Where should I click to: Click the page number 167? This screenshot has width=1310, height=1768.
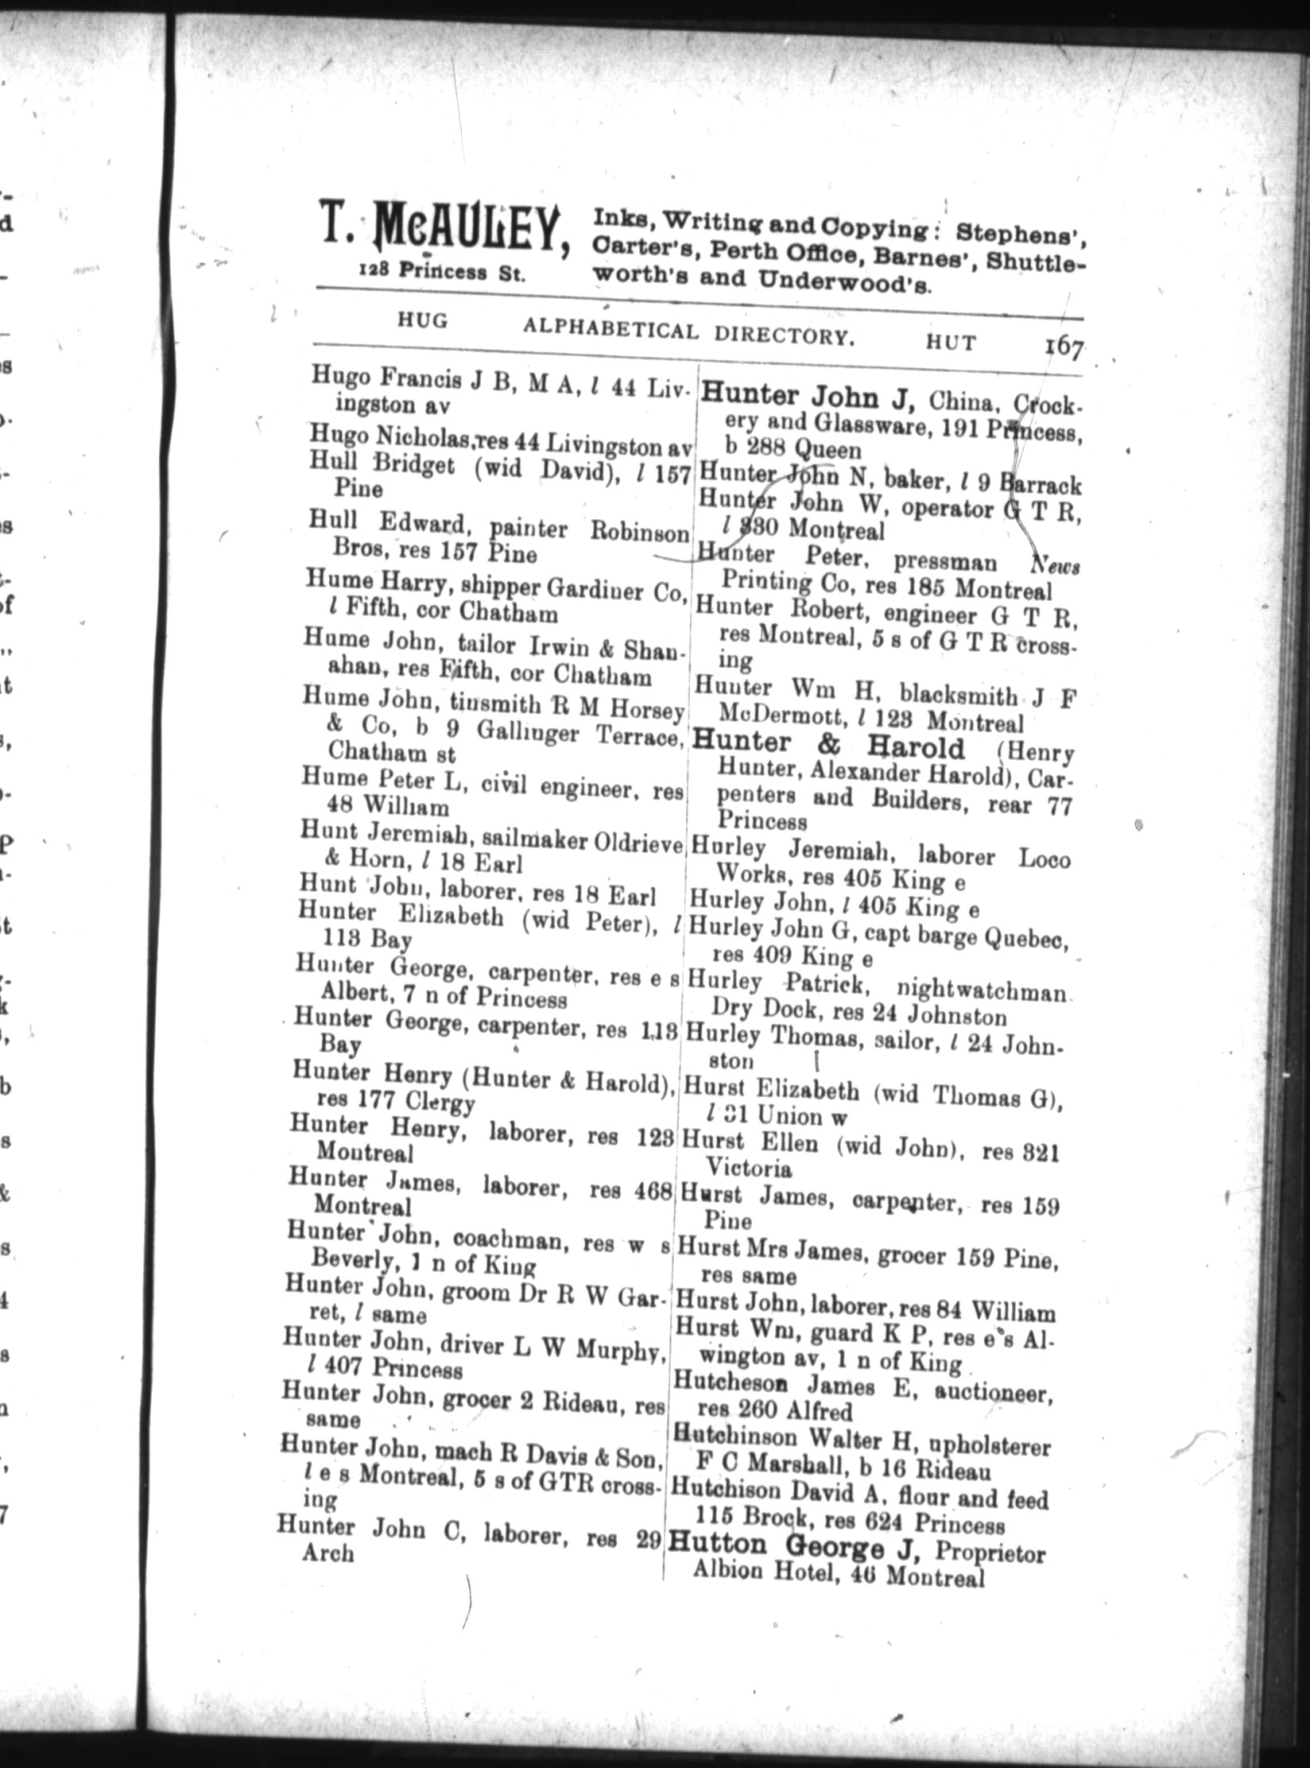tap(1064, 348)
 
